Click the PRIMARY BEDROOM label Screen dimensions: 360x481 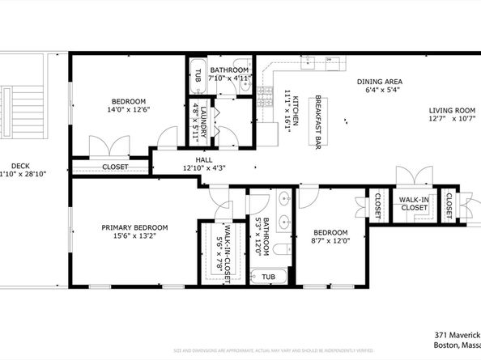click(x=134, y=227)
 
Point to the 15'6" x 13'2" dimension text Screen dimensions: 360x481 click(x=134, y=237)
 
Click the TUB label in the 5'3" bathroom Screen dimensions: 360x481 click(x=267, y=277)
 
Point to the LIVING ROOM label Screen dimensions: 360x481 click(x=452, y=110)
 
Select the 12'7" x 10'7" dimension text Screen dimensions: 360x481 click(x=452, y=120)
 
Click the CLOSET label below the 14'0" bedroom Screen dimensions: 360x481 click(x=114, y=167)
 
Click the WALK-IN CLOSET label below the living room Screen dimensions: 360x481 click(x=414, y=202)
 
